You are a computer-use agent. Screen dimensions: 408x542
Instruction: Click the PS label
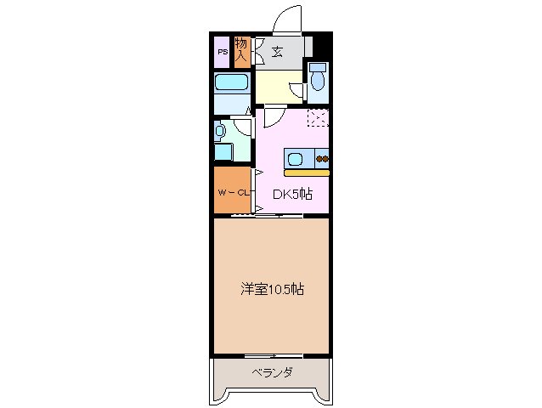tap(221, 52)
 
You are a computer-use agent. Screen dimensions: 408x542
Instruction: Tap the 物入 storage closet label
tap(240, 50)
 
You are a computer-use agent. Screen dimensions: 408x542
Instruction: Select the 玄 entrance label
tap(277, 52)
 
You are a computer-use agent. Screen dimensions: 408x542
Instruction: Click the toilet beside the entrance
tap(317, 78)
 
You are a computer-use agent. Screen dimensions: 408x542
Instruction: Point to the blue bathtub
tap(230, 83)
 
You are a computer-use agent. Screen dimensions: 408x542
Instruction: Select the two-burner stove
tap(322, 158)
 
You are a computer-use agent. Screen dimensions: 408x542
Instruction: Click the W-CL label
tap(231, 193)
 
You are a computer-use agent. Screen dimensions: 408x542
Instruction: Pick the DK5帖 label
tap(291, 194)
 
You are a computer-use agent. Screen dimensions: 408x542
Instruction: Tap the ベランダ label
tap(272, 372)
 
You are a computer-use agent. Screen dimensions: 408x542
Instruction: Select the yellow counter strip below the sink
tap(307, 173)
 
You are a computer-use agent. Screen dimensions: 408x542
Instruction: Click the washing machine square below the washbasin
tap(223, 153)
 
